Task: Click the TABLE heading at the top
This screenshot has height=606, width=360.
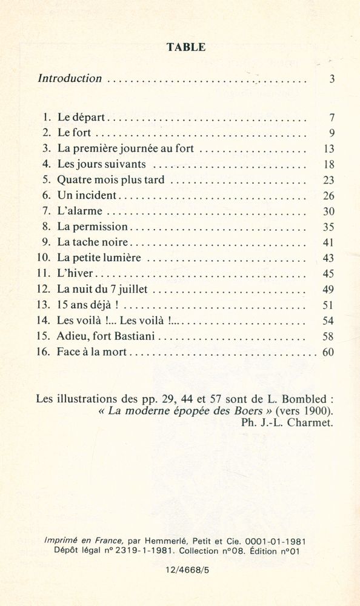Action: [x=186, y=47]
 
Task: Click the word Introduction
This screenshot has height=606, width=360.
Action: [x=70, y=78]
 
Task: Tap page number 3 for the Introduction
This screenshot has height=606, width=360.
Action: [x=332, y=79]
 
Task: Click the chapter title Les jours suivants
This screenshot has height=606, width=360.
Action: [x=102, y=164]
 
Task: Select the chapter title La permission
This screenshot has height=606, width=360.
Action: [x=93, y=227]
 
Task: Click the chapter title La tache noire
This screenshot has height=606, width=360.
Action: [x=94, y=242]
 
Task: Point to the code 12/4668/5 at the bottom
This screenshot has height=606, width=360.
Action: [x=185, y=570]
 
